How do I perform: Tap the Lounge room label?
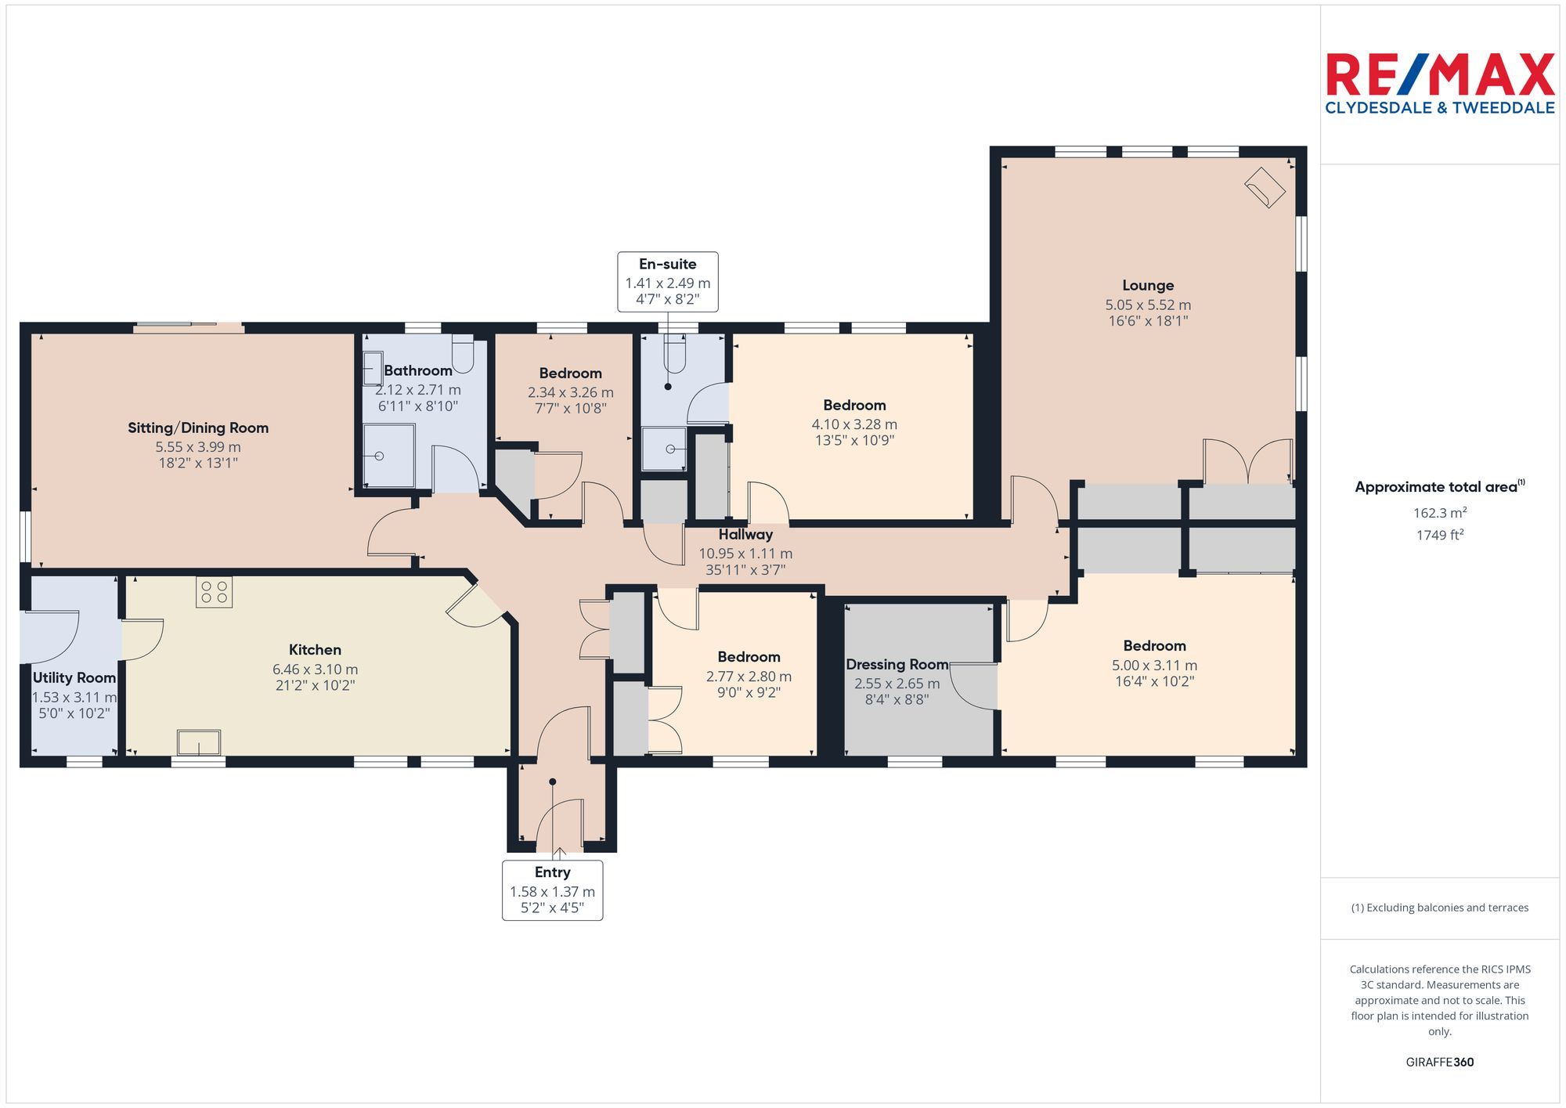coord(1147,286)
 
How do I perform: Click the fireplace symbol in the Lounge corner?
coord(1265,188)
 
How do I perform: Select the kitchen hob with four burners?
coord(214,592)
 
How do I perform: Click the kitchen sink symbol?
coord(199,742)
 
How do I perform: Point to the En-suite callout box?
coord(667,282)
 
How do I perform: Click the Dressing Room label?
coord(897,665)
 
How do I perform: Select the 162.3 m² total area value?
coord(1439,513)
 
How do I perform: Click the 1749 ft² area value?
coord(1439,535)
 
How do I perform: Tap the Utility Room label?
coord(74,678)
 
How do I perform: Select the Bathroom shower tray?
coord(388,456)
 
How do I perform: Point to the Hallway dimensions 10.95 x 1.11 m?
coord(745,554)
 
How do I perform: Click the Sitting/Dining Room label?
coord(198,428)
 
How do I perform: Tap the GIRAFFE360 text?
coord(1439,1062)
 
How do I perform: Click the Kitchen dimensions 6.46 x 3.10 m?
coord(315,669)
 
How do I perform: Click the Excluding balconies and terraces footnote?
coord(1439,908)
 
